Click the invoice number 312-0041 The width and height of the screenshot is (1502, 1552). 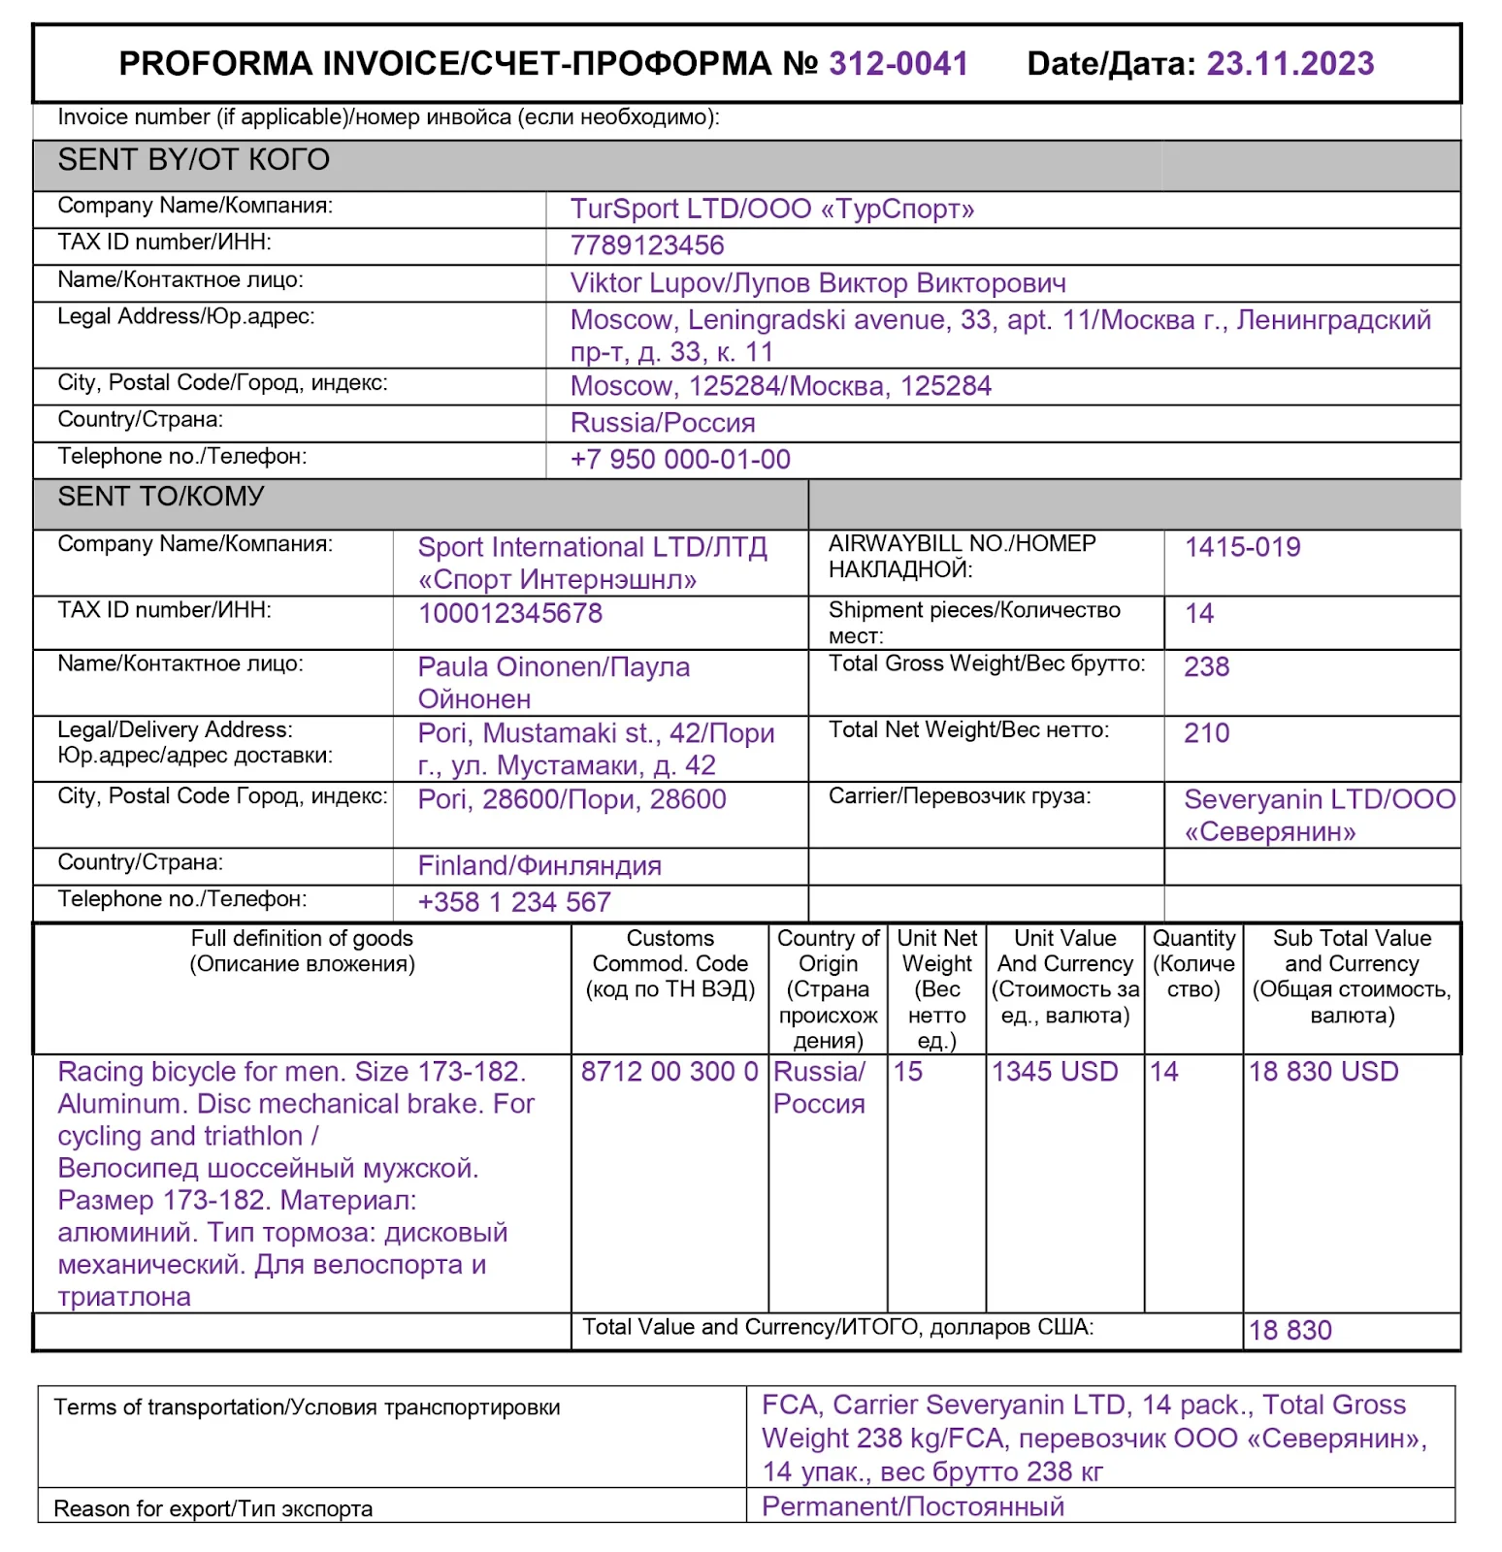pos(898,64)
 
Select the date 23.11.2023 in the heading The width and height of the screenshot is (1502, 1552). pos(1290,64)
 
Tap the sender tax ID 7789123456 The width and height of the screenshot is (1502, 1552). pos(647,245)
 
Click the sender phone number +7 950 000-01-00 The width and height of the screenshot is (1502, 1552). pos(680,460)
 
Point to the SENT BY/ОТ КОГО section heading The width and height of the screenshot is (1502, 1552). pos(194,160)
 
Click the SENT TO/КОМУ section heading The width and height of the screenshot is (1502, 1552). pos(161,497)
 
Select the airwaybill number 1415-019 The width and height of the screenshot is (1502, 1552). pos(1242,547)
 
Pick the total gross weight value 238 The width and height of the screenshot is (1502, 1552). pos(1206,667)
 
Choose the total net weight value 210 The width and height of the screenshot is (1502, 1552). pos(1206,733)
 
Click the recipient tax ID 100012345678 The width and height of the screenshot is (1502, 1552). pos(510,613)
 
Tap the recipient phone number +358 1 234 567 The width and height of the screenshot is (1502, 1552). pos(514,902)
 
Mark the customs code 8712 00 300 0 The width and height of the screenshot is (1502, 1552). pos(669,1072)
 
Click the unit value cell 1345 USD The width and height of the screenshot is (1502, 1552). pos(1055,1072)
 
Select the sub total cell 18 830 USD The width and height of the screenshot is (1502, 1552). pos(1323,1072)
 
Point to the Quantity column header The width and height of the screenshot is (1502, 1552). pos(1193,963)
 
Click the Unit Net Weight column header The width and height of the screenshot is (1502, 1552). pos(936,988)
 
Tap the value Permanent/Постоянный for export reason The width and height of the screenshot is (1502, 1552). pos(913,1506)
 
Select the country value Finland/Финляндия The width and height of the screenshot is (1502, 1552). pos(539,865)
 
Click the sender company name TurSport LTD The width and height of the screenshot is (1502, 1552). pos(772,210)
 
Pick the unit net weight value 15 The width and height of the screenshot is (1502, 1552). pos(908,1072)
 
